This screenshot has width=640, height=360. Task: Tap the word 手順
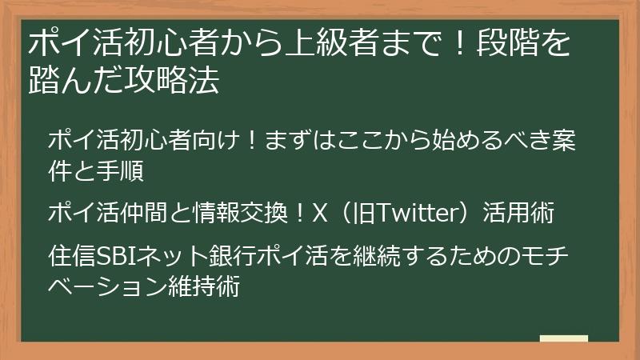click(x=132, y=170)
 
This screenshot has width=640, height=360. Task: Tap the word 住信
click(x=73, y=256)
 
